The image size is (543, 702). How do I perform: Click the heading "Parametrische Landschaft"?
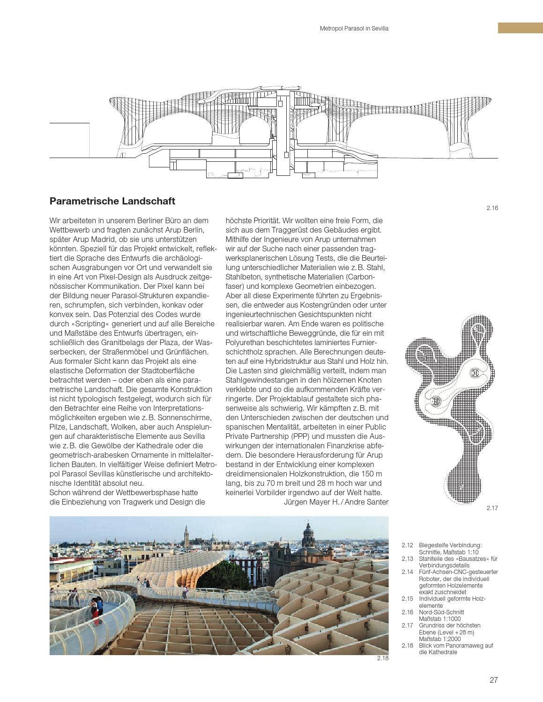pyautogui.click(x=112, y=201)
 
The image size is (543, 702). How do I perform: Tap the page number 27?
pyautogui.click(x=493, y=680)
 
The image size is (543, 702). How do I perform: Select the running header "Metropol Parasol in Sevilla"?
pyautogui.click(x=354, y=29)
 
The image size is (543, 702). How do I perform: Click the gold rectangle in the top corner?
pyautogui.click(x=520, y=28)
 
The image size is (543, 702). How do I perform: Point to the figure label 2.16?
pyautogui.click(x=492, y=208)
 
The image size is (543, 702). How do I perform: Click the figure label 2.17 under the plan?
pyautogui.click(x=492, y=508)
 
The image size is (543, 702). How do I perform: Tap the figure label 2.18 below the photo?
pyautogui.click(x=382, y=658)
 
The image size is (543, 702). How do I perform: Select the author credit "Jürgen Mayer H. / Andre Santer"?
pyautogui.click(x=336, y=502)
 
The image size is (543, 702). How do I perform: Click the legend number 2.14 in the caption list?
pyautogui.click(x=408, y=572)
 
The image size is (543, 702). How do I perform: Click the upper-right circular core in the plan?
pyautogui.click(x=475, y=373)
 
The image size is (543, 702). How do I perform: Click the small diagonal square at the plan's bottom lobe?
pyautogui.click(x=461, y=487)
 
